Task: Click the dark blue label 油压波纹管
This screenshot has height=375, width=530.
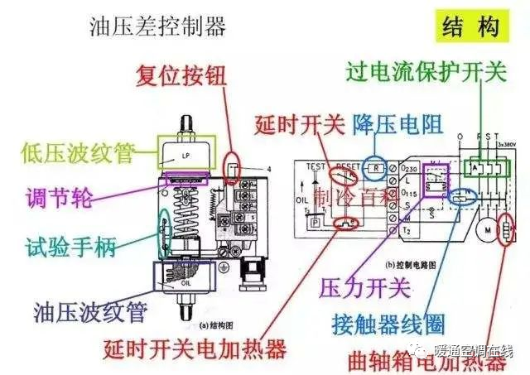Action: tap(90, 312)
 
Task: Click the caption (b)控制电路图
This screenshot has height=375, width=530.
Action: tap(373, 263)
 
